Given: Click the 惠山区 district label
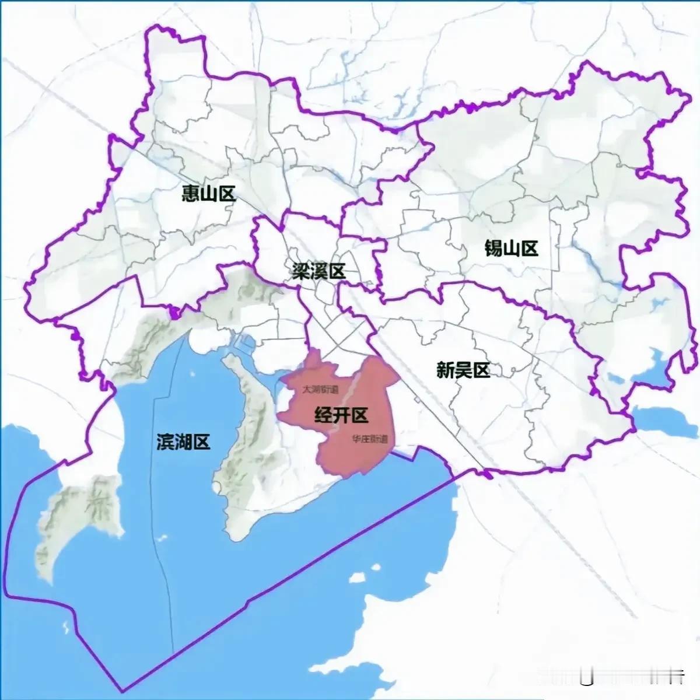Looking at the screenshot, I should [208, 194].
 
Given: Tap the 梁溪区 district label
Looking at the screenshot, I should [318, 271].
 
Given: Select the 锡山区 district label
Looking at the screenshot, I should [511, 249].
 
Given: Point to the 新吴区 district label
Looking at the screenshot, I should [463, 370].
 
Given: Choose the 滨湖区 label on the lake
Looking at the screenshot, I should [183, 442].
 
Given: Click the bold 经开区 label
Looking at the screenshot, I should [341, 415].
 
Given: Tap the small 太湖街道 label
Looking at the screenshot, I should [320, 389].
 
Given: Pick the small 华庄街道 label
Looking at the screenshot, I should [366, 439].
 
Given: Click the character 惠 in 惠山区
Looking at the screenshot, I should [191, 194].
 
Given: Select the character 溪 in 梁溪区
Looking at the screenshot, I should [318, 271].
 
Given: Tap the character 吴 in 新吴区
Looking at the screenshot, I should [463, 370].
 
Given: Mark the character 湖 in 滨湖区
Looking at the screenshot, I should [183, 442].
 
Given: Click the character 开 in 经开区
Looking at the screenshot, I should [341, 415].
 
